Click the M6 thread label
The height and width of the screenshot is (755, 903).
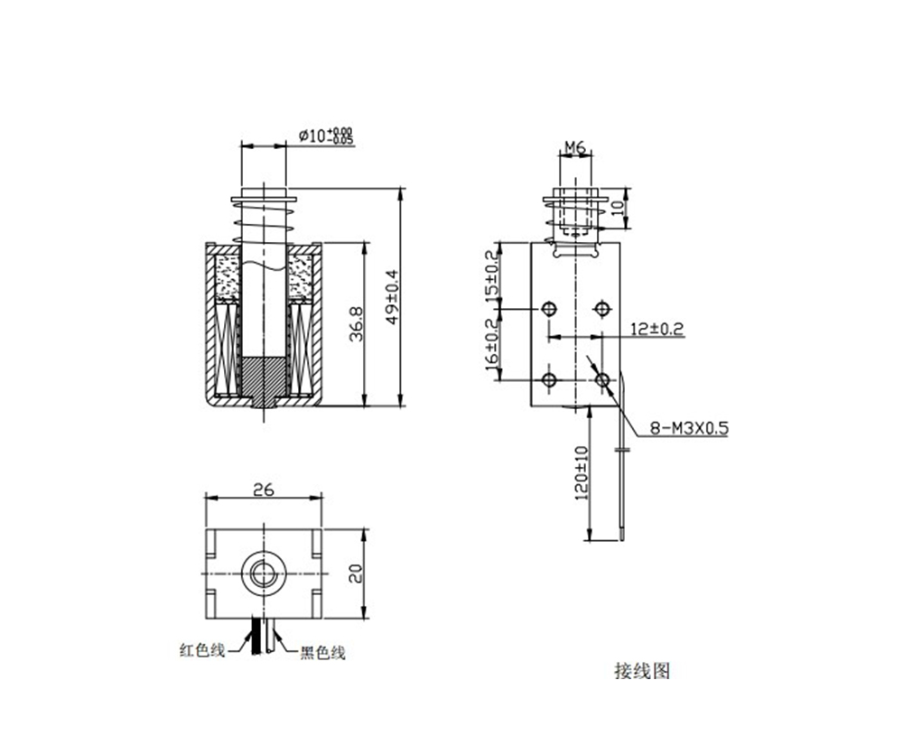(x=576, y=146)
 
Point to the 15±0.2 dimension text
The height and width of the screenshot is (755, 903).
(x=492, y=275)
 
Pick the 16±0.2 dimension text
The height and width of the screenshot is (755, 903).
(x=492, y=344)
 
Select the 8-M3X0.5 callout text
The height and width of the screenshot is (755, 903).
(x=690, y=429)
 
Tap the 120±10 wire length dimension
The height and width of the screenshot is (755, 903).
(x=581, y=471)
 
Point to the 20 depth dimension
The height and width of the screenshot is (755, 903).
(x=355, y=572)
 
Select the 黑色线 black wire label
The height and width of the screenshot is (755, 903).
(x=322, y=652)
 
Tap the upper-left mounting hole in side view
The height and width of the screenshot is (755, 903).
(x=548, y=309)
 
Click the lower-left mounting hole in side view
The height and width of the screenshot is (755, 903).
(x=548, y=378)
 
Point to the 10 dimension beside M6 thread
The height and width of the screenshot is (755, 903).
(x=617, y=206)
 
